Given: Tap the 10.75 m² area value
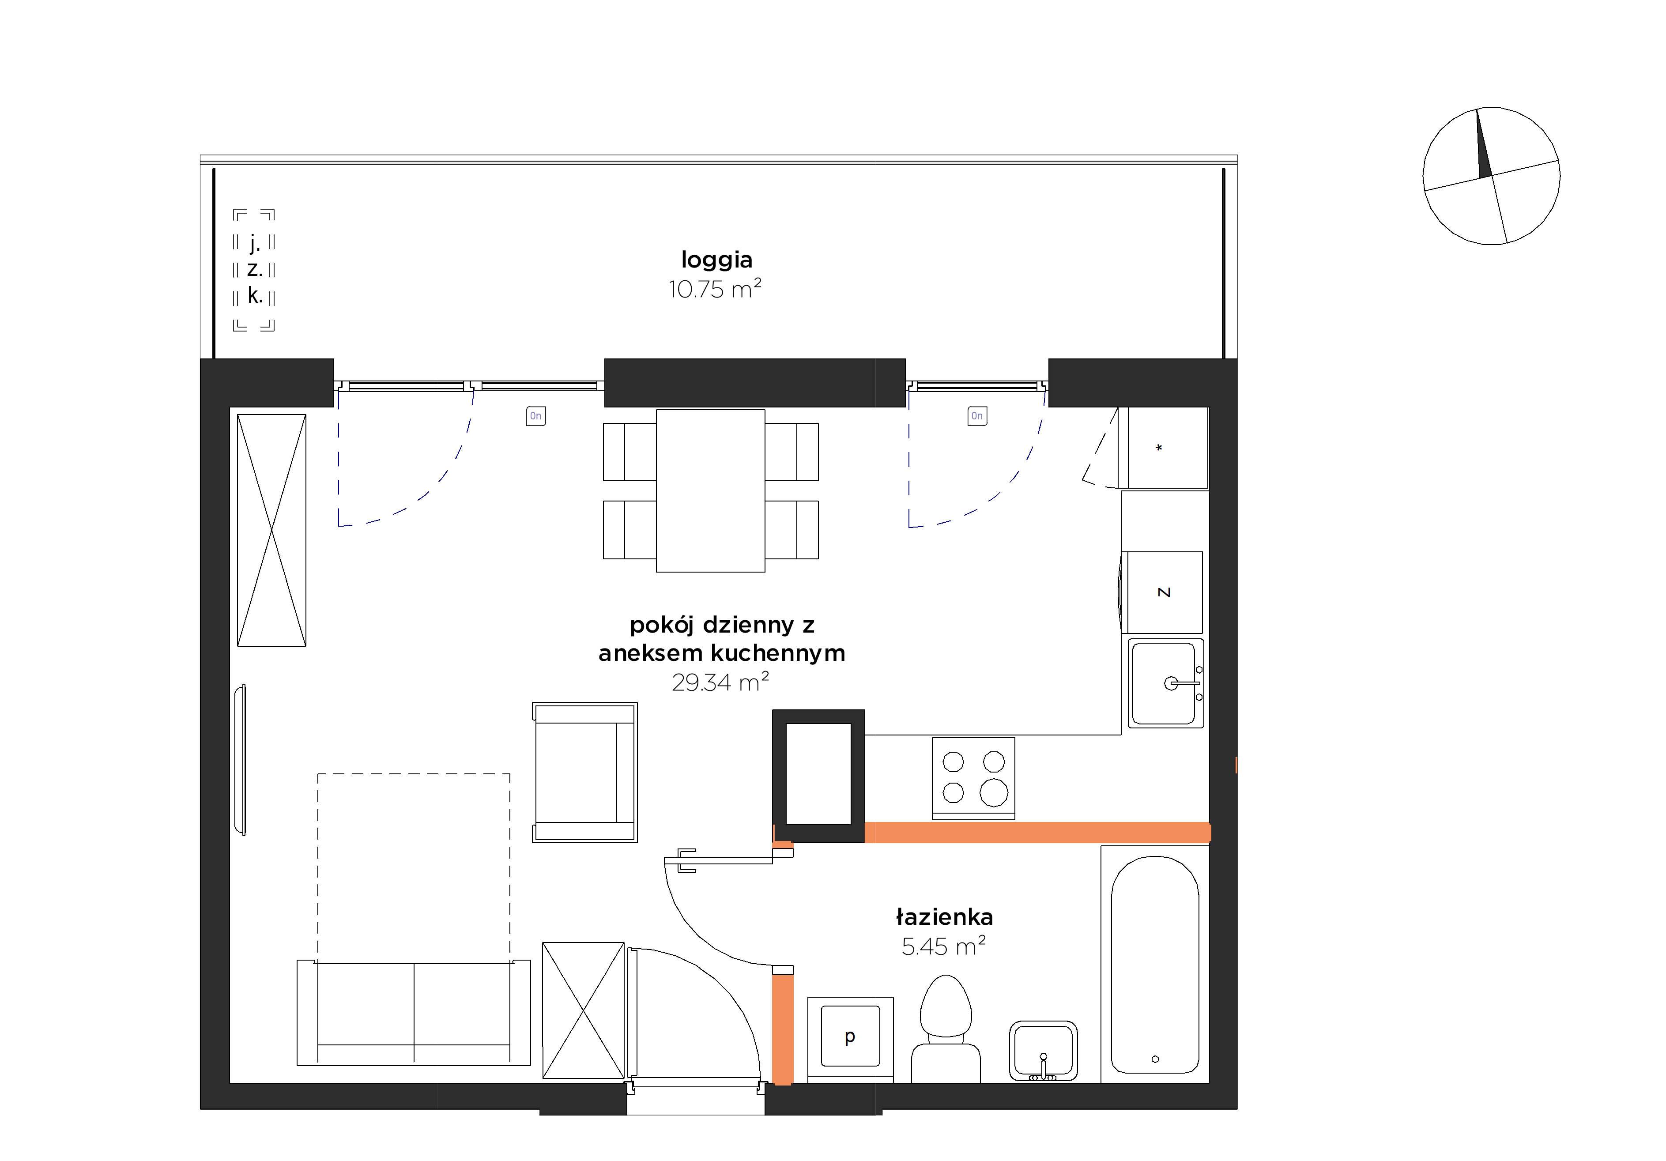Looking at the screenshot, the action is click(x=715, y=289).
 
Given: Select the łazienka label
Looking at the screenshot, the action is click(x=944, y=917).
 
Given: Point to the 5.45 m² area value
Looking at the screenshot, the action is click(x=943, y=946).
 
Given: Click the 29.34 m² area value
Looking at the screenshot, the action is click(x=720, y=682).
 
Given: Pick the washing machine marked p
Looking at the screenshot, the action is click(x=850, y=1039).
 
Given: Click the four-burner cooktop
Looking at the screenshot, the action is click(x=973, y=778).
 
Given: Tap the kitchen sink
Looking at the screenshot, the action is click(x=1165, y=683).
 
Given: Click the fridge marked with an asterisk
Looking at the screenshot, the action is click(x=1163, y=448).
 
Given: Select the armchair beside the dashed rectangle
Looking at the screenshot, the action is click(x=585, y=772).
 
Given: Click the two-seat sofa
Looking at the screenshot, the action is click(x=414, y=1013).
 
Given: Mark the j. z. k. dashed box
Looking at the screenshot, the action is click(x=254, y=270).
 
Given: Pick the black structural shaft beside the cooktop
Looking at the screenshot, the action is click(x=818, y=776).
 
